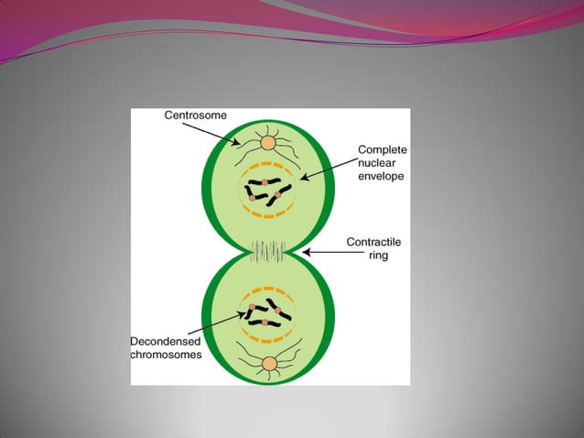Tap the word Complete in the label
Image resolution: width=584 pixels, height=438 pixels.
click(382, 148)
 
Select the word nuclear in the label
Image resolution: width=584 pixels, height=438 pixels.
click(377, 162)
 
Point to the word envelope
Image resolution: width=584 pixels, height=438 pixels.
click(382, 176)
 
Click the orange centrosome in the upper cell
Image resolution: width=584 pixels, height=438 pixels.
click(268, 143)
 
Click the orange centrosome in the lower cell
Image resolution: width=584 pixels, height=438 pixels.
click(269, 364)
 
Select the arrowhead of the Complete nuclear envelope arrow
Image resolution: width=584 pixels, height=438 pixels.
click(299, 181)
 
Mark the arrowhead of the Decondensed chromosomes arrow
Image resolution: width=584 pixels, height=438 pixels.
click(252, 307)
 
